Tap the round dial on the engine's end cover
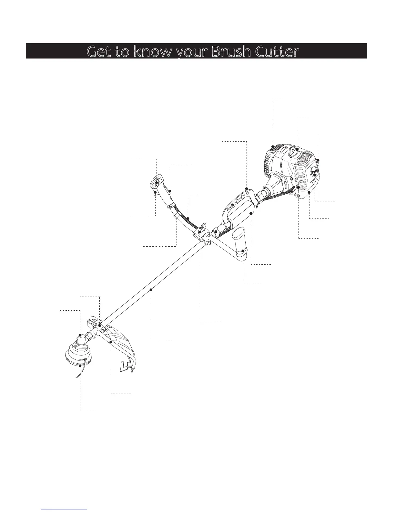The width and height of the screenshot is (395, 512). coord(314,171)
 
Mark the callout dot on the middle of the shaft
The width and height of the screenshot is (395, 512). coord(151,290)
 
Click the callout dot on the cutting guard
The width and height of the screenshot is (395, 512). coord(111,342)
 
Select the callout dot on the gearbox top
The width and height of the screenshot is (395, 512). coord(80,335)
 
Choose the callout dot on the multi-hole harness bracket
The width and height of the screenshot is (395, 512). coord(247,188)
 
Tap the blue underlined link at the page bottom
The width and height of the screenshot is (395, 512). coord(64,509)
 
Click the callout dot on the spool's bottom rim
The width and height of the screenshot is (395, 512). coord(80,366)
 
